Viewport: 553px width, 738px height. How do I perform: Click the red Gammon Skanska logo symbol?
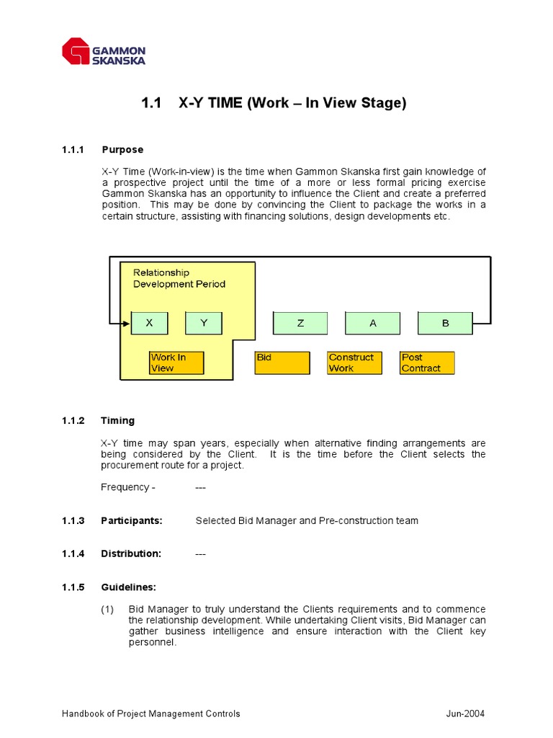coord(76,52)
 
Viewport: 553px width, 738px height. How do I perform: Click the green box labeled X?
coord(149,324)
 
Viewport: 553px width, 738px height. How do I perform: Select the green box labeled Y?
coord(204,324)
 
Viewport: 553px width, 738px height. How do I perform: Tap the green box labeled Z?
coord(300,324)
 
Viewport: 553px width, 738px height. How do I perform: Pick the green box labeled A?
coord(373,324)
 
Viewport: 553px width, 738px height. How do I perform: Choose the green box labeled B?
coord(445,324)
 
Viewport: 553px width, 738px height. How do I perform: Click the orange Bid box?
coord(282,363)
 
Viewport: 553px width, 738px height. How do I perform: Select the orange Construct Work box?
coord(354,363)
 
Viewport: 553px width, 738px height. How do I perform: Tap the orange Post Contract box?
coord(428,363)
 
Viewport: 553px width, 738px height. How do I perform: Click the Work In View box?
coord(176,363)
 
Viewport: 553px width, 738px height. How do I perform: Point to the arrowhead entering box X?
coord(127,324)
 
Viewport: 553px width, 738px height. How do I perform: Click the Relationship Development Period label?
coord(179,278)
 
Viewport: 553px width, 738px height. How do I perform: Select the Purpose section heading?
coord(122,150)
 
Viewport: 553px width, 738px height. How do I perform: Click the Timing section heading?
coord(117,421)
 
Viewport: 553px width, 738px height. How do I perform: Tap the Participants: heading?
coord(132,520)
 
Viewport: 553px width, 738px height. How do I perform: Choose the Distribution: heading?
coord(131,553)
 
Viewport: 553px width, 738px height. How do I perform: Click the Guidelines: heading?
coord(129,587)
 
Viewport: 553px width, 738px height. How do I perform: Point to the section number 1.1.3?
coord(73,520)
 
